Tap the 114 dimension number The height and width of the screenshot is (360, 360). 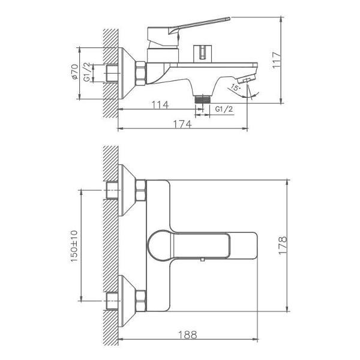[x=159, y=105]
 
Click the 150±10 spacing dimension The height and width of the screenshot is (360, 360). [x=74, y=245]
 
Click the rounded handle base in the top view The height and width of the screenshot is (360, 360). [x=157, y=245]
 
